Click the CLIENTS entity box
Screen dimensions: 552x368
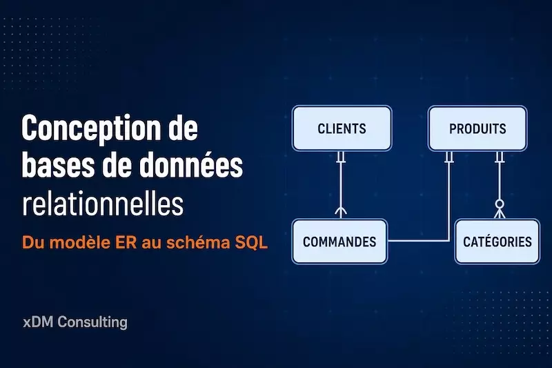coord(342,128)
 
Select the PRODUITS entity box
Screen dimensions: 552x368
coord(477,128)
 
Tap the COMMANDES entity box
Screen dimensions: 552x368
coord(339,242)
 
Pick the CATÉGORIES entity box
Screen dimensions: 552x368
coord(497,242)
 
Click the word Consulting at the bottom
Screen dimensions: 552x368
coord(92,322)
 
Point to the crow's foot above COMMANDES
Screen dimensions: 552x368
coord(340,212)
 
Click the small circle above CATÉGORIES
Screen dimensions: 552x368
coord(500,204)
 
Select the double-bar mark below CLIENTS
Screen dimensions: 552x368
coord(340,157)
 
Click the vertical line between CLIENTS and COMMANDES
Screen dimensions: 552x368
coord(340,185)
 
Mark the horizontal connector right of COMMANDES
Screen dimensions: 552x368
coord(418,241)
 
